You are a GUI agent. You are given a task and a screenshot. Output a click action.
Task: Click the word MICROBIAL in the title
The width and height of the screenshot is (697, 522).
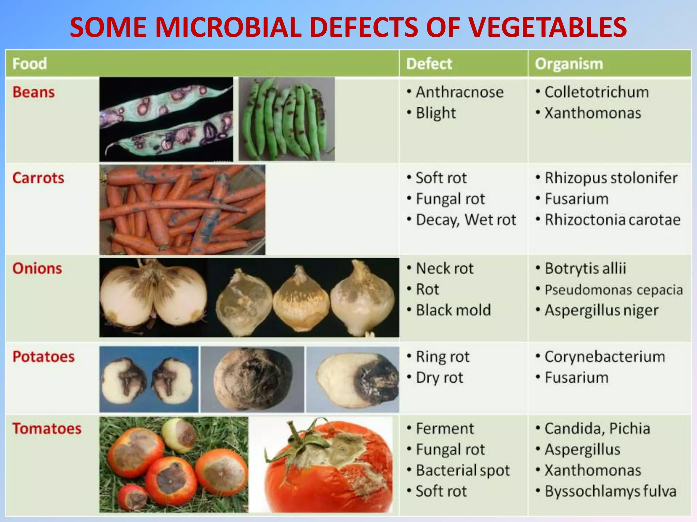(229, 27)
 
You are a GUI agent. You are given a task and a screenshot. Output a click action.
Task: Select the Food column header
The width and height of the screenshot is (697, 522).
(30, 64)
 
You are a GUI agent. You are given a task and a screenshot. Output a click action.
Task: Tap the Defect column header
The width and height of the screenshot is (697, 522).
(429, 64)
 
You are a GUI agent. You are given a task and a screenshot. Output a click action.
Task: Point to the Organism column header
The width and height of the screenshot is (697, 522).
(569, 64)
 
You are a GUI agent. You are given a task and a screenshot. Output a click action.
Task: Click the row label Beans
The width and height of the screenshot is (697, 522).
(34, 92)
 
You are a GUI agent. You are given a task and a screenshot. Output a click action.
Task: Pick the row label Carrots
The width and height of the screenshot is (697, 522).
(38, 178)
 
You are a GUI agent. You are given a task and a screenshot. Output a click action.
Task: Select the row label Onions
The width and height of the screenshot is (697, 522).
(37, 268)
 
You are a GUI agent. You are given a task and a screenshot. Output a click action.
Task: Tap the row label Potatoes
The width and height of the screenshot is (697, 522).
(44, 357)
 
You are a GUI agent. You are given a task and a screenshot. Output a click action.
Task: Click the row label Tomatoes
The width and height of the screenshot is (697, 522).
(47, 429)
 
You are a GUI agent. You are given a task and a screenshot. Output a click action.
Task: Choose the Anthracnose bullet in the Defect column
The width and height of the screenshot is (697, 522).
(459, 92)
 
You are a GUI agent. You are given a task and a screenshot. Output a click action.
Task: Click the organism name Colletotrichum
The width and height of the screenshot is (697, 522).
(597, 92)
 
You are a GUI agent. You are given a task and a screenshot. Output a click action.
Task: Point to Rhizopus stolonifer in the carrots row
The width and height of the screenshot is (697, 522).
(611, 178)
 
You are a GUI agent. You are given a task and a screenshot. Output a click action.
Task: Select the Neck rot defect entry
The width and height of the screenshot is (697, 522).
(444, 268)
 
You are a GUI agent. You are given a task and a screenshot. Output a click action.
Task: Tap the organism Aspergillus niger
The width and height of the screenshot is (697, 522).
(601, 310)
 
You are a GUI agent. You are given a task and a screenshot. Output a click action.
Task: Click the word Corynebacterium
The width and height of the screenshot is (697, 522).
(605, 357)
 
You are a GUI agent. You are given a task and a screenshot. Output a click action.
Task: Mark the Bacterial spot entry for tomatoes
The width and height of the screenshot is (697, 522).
(463, 471)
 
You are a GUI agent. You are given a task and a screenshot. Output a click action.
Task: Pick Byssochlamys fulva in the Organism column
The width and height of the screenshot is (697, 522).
(611, 491)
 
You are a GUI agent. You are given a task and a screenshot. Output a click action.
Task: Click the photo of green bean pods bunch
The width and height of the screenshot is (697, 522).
(287, 119)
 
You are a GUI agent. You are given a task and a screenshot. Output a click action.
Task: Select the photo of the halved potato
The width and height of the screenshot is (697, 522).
(149, 379)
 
